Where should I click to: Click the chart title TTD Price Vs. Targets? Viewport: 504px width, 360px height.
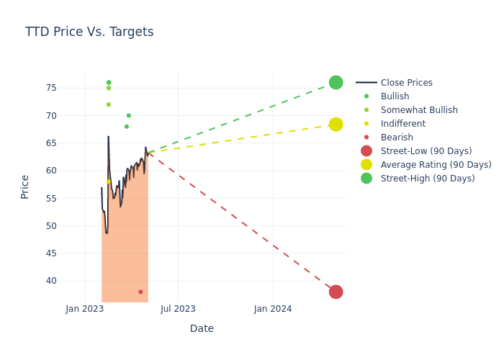pyautogui.click(x=89, y=32)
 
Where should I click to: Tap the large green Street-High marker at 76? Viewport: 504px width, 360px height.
pyautogui.click(x=336, y=83)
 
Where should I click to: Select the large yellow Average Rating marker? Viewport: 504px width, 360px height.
pyautogui.click(x=336, y=125)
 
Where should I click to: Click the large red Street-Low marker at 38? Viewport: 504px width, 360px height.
pyautogui.click(x=336, y=292)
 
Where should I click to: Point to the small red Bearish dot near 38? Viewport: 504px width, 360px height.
pyautogui.click(x=140, y=292)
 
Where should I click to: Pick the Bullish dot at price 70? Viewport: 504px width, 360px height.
pyautogui.click(x=129, y=115)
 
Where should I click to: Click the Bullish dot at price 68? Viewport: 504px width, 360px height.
pyautogui.click(x=127, y=127)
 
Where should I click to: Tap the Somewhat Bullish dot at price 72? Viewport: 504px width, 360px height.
pyautogui.click(x=109, y=104)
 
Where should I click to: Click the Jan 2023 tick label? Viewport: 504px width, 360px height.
pyautogui.click(x=85, y=309)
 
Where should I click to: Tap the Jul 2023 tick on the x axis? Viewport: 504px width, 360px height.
pyautogui.click(x=178, y=309)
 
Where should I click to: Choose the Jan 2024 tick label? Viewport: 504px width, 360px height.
pyautogui.click(x=273, y=309)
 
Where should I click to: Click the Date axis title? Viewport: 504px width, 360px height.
pyautogui.click(x=202, y=329)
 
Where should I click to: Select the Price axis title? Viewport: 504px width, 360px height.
pyautogui.click(x=25, y=187)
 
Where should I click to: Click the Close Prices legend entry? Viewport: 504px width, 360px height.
pyautogui.click(x=406, y=83)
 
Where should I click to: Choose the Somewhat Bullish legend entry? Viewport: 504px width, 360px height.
pyautogui.click(x=419, y=110)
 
